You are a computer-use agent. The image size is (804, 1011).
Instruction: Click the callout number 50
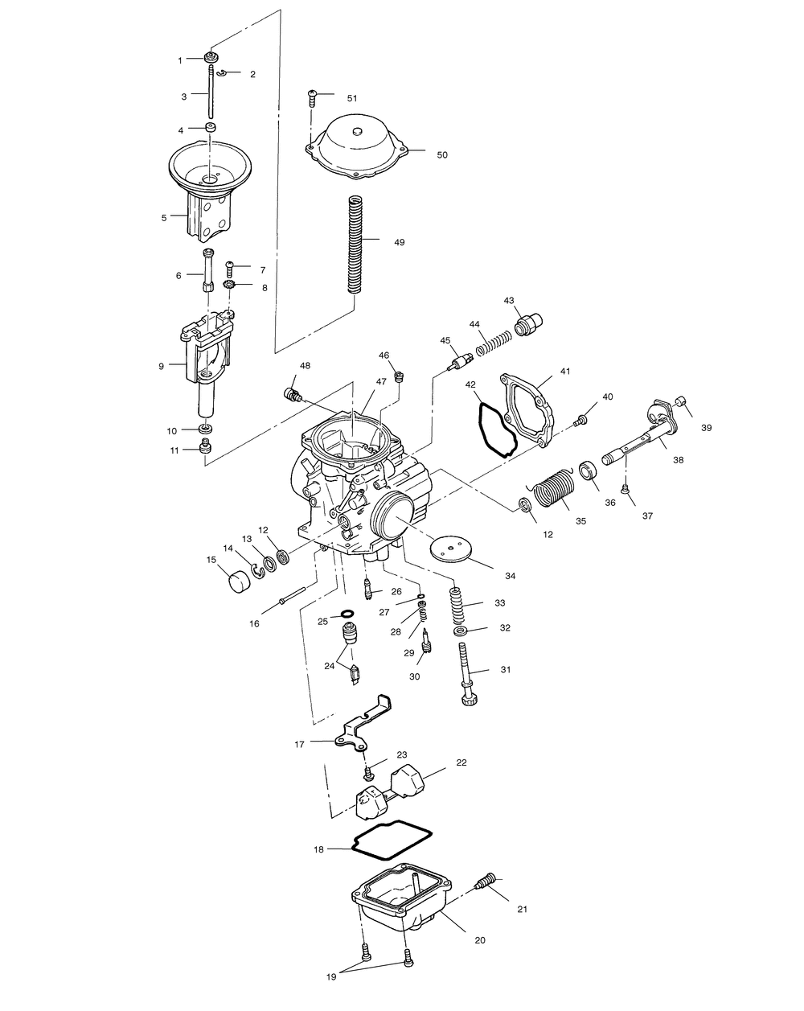(442, 154)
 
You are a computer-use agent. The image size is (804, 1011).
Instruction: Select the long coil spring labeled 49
(355, 245)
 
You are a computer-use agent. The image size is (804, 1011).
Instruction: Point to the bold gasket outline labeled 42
(492, 429)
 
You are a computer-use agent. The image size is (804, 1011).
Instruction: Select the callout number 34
(510, 576)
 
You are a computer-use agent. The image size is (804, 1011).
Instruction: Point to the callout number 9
(162, 366)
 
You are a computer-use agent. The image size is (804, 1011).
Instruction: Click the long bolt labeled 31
(468, 669)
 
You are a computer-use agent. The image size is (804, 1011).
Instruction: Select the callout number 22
(461, 762)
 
